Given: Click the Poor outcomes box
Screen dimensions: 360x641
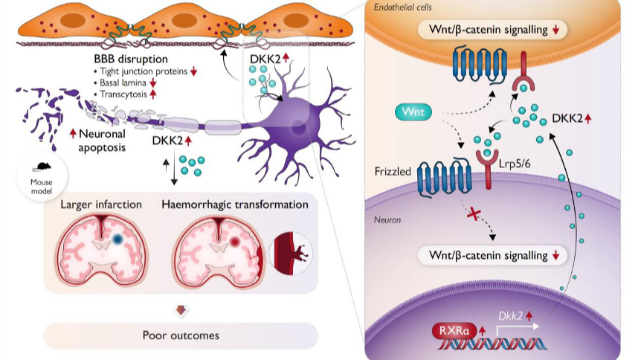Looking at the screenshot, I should coord(181,335).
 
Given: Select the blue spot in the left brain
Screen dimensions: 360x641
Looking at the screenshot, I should coord(118,240).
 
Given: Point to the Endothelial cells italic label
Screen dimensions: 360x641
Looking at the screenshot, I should coord(407,7).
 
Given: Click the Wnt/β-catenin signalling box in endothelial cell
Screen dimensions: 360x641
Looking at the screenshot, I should coord(493,30).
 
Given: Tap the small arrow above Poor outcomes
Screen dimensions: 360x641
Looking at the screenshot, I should coord(181,309).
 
